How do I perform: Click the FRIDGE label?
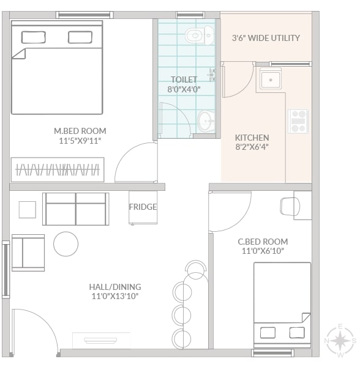143,207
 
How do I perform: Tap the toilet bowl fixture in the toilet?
200,35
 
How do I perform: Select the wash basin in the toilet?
206,121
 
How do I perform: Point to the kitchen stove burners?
298,121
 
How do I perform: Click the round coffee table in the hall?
66,244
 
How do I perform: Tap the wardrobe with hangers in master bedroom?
58,169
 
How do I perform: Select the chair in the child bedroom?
290,207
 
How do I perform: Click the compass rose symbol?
340,341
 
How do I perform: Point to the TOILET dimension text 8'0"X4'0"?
184,89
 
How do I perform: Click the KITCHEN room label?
252,138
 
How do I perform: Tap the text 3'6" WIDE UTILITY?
266,38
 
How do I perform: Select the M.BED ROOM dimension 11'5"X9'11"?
80,141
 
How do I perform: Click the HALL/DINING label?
115,287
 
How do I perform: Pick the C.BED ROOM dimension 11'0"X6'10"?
263,251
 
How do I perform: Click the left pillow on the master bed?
33,37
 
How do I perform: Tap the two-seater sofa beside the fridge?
76,209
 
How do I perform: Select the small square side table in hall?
28,210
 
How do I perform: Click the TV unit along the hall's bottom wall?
101,340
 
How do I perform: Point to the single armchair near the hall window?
28,253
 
